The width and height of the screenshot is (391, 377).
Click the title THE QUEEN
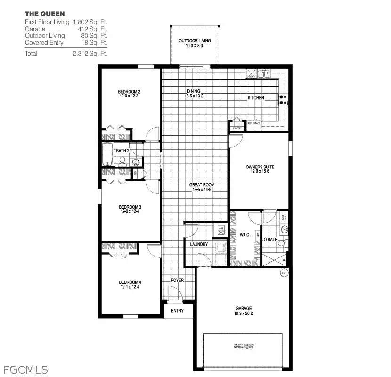[x=45, y=14]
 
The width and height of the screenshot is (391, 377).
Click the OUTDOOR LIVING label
[x=195, y=41]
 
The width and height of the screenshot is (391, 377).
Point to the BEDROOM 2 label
[x=129, y=92]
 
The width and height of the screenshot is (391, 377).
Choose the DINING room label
[x=193, y=91]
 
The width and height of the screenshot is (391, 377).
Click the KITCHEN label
[x=256, y=98]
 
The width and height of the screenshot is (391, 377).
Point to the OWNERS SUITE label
[x=260, y=167]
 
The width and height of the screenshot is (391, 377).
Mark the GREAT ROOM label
[x=202, y=185]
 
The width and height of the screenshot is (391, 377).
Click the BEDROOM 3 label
[x=130, y=207]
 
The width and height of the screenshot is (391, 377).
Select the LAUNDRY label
[x=199, y=244]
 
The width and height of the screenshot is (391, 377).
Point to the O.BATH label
[x=269, y=240]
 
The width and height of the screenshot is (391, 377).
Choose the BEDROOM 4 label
[x=130, y=282]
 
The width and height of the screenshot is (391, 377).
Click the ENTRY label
[x=177, y=311]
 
